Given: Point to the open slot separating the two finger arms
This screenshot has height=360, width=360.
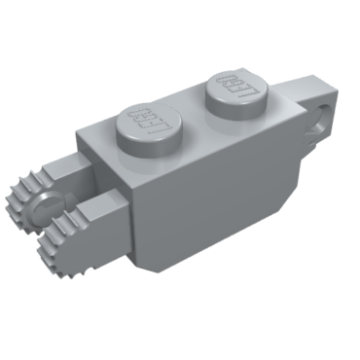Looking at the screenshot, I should pos(78,209).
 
